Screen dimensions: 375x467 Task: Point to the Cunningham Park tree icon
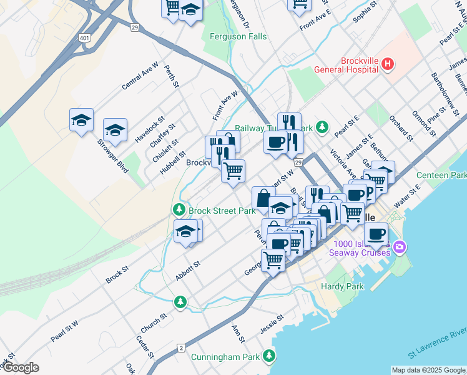[269, 356]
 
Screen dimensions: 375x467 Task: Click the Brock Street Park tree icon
[179, 210]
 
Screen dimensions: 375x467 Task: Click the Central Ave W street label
[140, 76]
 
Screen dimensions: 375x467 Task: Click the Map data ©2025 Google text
[428, 370]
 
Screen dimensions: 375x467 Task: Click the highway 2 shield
[181, 347]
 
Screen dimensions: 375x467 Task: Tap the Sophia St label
[366, 14]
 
